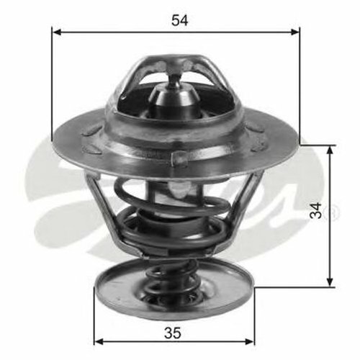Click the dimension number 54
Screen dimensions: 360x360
click(180, 21)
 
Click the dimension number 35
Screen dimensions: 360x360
click(173, 333)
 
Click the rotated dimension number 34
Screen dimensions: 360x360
click(315, 210)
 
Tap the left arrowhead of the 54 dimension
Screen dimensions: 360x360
click(57, 32)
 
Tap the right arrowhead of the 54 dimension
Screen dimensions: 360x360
click(294, 32)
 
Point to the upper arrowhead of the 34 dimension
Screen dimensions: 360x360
click(330, 150)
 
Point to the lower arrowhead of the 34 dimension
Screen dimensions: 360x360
click(330, 282)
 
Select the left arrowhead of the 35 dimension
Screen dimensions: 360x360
click(99, 341)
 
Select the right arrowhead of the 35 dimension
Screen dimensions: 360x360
click(250, 341)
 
